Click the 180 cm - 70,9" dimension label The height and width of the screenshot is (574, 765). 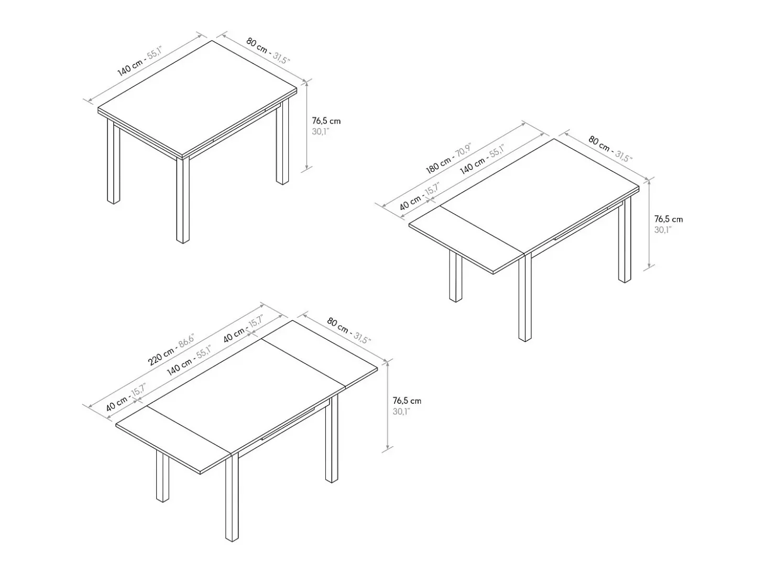click(448, 158)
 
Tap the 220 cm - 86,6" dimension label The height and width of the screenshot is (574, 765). click(171, 350)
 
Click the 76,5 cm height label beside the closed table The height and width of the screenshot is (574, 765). click(326, 121)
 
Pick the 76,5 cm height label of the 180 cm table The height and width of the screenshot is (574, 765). click(669, 219)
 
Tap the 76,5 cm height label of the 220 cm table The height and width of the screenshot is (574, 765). click(407, 401)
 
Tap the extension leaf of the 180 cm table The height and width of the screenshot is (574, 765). click(467, 239)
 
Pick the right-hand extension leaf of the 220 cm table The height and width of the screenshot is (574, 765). click(319, 354)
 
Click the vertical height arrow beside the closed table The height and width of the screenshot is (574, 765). click(307, 126)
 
